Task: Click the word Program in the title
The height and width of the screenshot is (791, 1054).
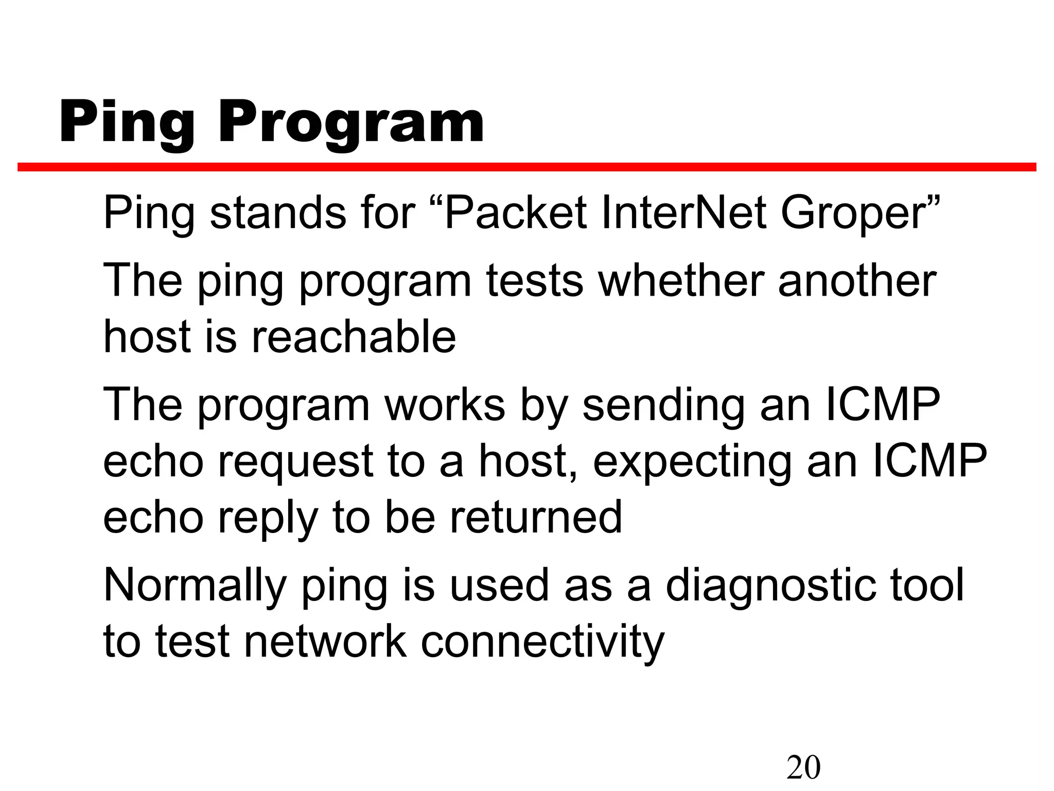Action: coord(351,124)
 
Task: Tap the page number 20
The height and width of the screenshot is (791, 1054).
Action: coord(803,767)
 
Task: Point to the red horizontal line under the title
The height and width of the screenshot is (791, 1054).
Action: coord(527,167)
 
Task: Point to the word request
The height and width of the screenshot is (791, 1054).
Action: coord(295,462)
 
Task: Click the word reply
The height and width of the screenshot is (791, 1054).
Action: coord(267,519)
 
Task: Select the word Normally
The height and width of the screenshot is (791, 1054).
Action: coord(195,587)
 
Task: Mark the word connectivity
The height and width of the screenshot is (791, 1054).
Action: coord(542,643)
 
